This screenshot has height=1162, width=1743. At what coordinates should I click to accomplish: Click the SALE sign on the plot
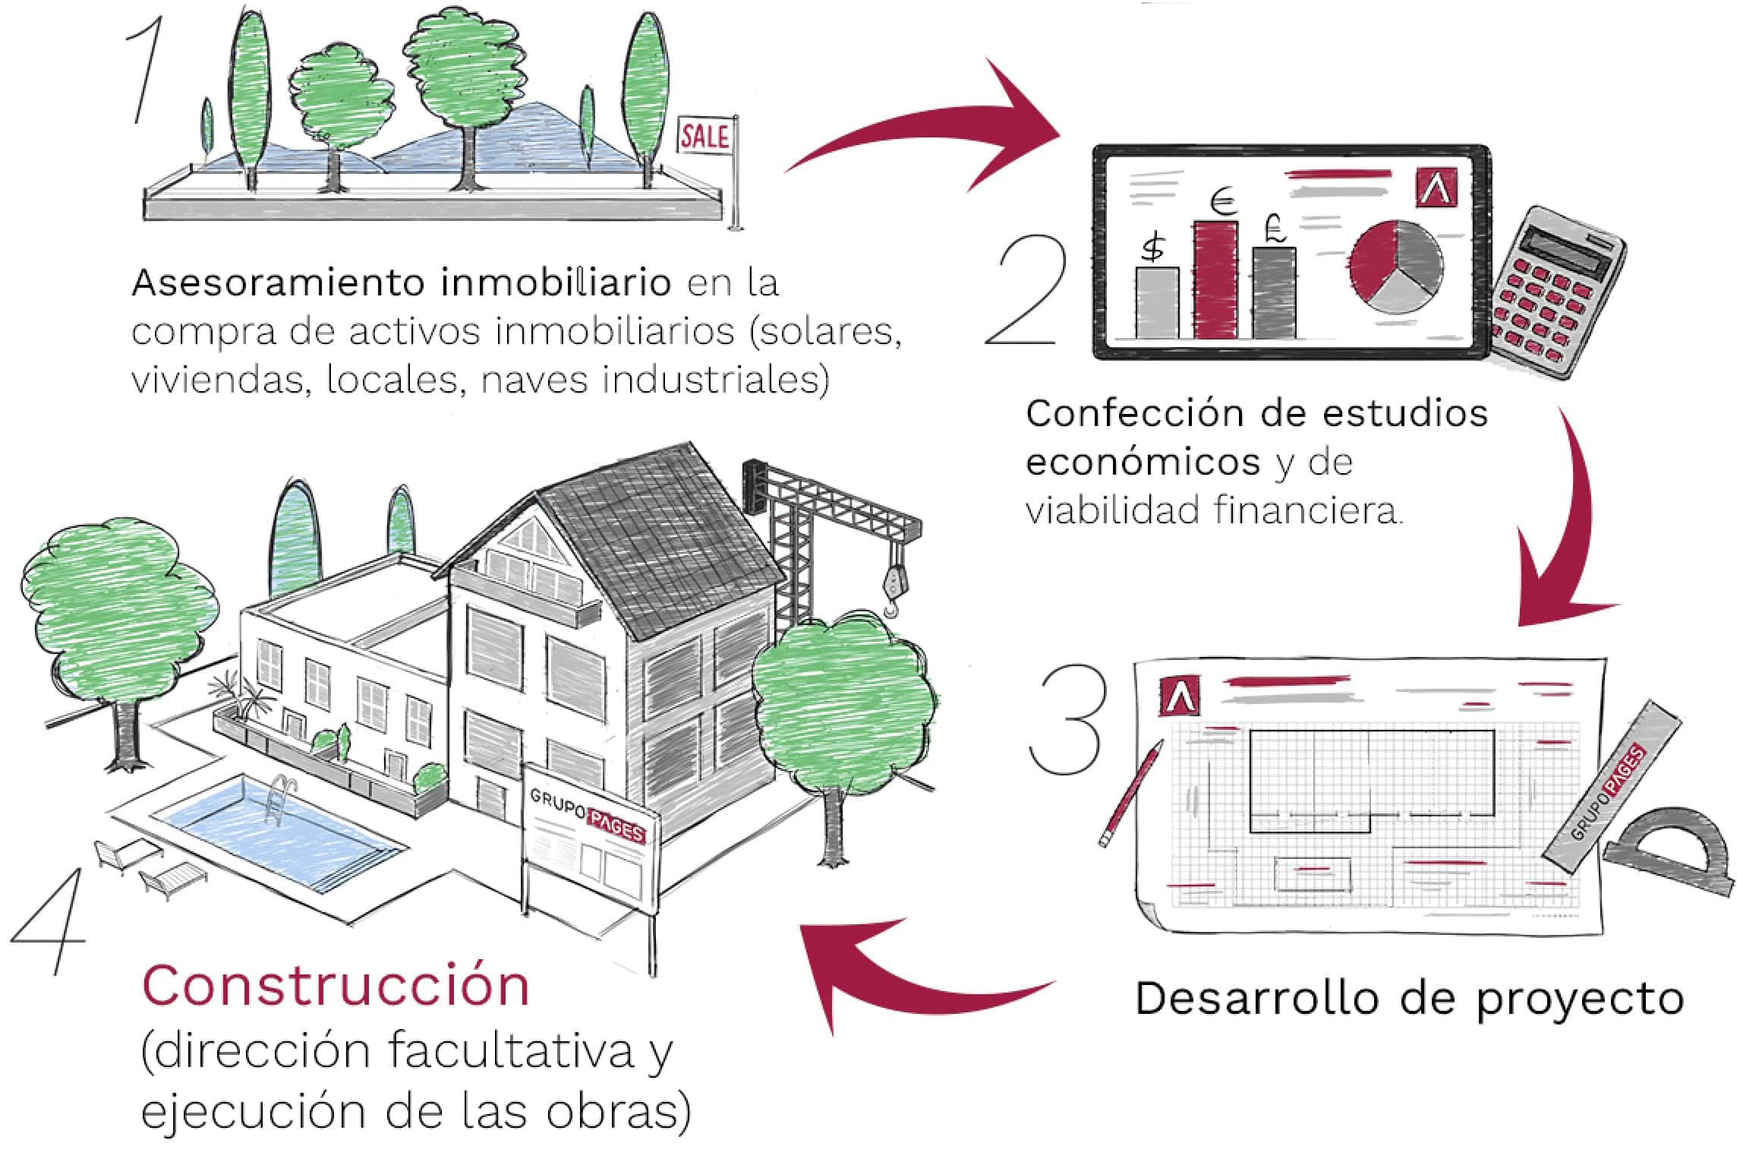(x=704, y=137)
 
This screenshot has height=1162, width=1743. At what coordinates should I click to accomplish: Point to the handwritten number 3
(x=1067, y=718)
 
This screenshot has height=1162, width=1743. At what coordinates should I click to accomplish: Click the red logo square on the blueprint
(x=1180, y=696)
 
